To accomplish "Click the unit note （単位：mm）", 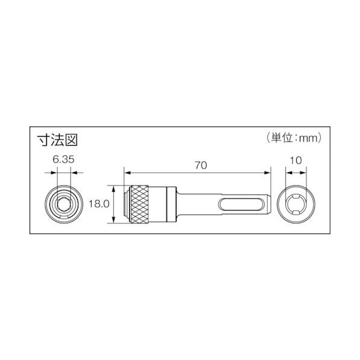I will pyautogui.click(x=294, y=138).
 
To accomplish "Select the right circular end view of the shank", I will pyautogui.click(x=295, y=204).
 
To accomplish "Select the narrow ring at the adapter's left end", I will pyautogui.click(x=126, y=204).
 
